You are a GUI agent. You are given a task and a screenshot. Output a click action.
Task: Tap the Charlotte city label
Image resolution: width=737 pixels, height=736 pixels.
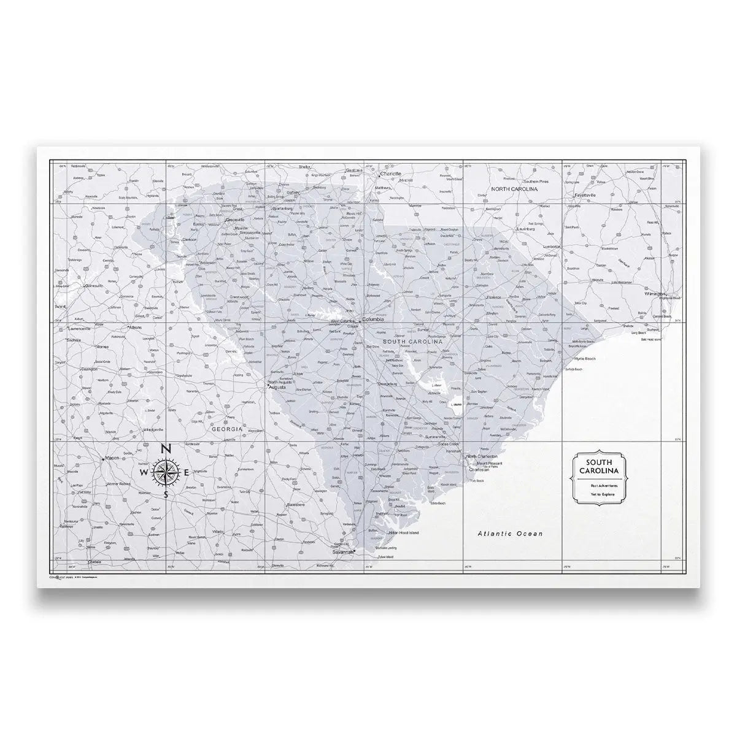[390, 174]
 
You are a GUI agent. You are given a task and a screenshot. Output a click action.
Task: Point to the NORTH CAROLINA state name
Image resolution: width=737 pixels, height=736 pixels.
[514, 190]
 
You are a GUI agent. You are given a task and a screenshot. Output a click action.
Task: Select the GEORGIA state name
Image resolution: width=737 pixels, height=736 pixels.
[227, 430]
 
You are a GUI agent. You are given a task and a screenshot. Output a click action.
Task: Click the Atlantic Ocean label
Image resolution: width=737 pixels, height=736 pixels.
[510, 534]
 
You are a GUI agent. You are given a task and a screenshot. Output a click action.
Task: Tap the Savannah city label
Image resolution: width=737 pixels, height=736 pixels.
[344, 553]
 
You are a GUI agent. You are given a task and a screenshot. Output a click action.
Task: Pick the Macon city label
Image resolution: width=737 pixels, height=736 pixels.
[112, 458]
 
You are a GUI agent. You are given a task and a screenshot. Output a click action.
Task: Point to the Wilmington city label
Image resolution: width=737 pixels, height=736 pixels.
[655, 294]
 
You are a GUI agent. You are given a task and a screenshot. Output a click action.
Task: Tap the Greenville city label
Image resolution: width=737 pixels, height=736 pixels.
[235, 220]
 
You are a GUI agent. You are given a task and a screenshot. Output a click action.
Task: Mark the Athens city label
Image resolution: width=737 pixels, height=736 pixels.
[135, 328]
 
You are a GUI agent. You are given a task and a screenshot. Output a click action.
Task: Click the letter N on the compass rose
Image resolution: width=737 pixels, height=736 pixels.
[166, 450]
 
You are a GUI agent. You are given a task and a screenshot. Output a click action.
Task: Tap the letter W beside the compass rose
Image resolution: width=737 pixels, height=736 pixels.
[144, 473]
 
